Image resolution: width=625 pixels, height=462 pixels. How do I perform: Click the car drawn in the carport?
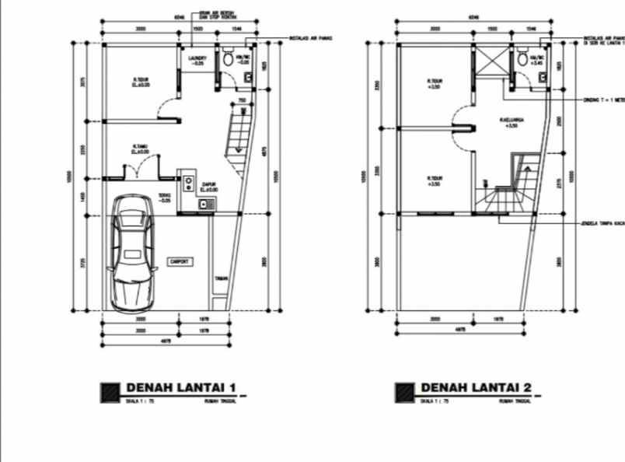tap(131, 252)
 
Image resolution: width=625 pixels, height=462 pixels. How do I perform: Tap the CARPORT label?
tap(180, 261)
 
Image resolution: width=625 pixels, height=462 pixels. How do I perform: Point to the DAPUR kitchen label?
tap(208, 185)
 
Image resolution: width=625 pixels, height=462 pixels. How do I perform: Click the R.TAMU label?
tap(140, 146)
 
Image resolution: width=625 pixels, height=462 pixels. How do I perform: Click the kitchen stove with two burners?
tap(188, 184)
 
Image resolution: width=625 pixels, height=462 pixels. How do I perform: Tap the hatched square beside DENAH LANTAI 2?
tap(404, 392)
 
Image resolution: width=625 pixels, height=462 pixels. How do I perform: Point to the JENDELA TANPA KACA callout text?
tap(603, 224)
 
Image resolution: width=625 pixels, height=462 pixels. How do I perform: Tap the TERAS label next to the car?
tap(164, 196)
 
